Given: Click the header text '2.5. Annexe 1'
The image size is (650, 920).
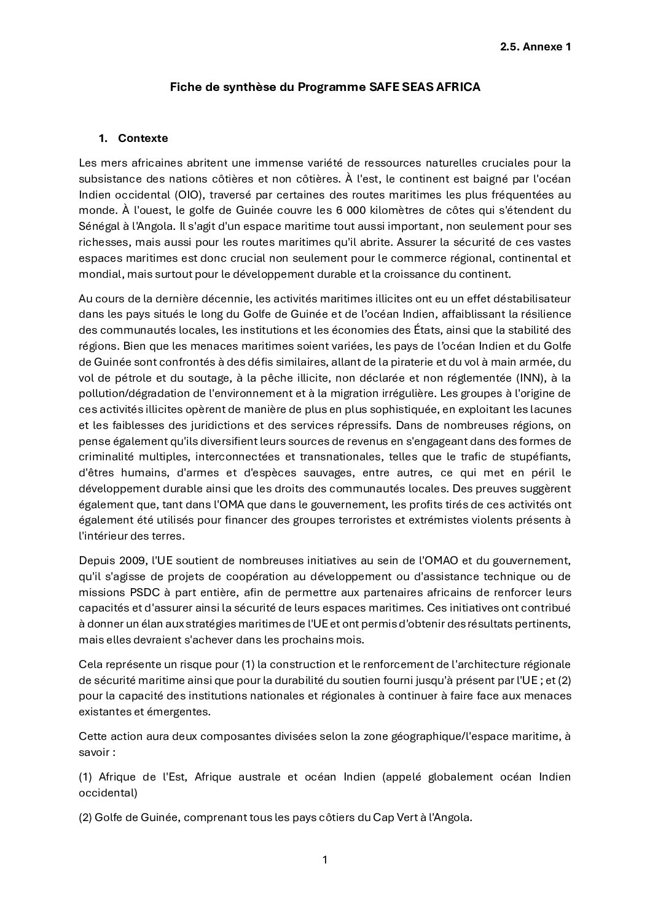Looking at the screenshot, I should pyautogui.click(x=536, y=46).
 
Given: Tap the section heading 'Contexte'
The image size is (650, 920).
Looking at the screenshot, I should pyautogui.click(x=143, y=138).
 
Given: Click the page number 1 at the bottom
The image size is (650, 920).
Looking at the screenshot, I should pyautogui.click(x=325, y=860).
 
